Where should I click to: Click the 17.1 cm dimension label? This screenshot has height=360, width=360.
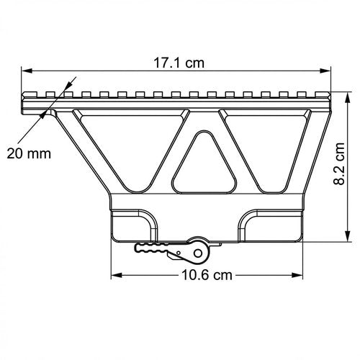pos(179,63)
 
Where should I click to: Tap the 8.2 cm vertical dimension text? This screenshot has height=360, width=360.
pos(339,163)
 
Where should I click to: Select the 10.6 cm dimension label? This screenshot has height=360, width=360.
pos(207,275)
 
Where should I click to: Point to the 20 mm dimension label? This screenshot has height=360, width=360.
pos(29,153)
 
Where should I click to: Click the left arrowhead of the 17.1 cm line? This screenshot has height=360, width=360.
pos(27,71)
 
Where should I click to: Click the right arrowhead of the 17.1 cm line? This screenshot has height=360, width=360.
pos(325,71)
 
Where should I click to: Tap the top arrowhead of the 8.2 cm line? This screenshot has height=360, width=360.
pos(348,98)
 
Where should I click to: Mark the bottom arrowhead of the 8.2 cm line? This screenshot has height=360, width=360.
pos(348,236)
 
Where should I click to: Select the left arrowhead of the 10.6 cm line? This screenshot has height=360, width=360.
pos(117,275)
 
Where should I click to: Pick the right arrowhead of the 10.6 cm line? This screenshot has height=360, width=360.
pos(297,275)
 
